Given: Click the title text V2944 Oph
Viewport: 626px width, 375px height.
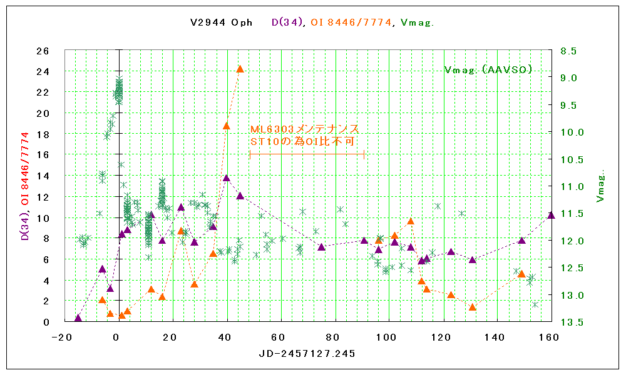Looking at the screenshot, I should (222, 22).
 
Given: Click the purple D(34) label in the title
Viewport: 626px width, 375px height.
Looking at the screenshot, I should (288, 22).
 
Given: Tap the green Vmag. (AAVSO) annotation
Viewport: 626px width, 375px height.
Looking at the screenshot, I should (488, 69).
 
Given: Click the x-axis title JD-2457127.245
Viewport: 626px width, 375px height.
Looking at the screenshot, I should (307, 354).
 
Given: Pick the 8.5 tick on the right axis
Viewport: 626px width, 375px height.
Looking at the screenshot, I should (568, 51).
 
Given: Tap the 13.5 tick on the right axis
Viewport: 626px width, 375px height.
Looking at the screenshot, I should (568, 322).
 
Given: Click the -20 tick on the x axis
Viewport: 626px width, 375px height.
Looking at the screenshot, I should (61, 337).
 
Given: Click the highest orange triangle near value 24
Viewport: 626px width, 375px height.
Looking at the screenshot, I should (240, 69).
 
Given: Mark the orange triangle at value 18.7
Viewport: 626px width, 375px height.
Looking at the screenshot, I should (227, 126).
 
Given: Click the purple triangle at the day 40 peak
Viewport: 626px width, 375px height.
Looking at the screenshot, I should (227, 178).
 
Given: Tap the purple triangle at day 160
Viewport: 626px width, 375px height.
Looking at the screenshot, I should (551, 215).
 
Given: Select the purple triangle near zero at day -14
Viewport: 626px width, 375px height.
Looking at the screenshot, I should (78, 318).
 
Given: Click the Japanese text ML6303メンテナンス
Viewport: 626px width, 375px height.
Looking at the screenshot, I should (304, 129).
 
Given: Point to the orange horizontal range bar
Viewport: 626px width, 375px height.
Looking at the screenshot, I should (307, 154).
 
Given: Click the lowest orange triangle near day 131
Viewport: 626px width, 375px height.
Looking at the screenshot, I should (473, 307).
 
